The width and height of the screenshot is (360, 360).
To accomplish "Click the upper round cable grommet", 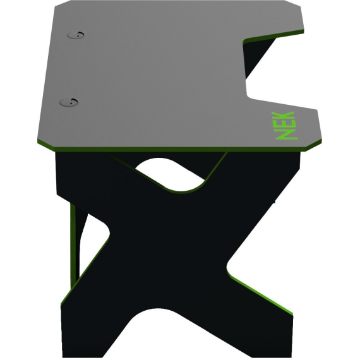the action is tap(76, 35).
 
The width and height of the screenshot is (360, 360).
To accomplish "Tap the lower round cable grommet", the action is tap(68, 102).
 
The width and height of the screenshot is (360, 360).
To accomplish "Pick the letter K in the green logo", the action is tap(283, 116).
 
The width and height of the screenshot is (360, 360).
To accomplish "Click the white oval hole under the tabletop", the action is tap(170, 174).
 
